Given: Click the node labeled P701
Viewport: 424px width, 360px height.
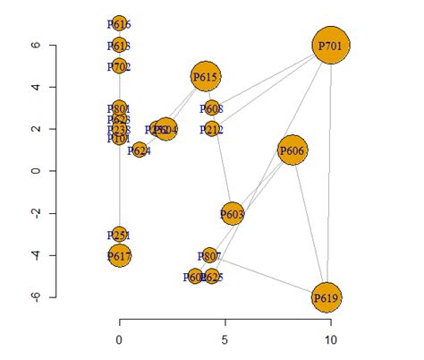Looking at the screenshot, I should click(331, 45).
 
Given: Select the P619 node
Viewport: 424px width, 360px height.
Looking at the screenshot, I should click(326, 297).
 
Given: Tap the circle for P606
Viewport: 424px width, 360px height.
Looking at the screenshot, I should click(293, 150).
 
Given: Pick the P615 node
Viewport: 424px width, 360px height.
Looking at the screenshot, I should click(205, 77).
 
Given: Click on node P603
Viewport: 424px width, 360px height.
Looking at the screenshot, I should click(232, 214).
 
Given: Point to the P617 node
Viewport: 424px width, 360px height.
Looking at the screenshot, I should click(119, 256).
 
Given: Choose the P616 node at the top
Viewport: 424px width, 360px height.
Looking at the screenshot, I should click(119, 24).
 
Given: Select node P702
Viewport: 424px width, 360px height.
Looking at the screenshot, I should click(119, 66).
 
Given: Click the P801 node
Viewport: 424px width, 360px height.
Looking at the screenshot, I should click(119, 108).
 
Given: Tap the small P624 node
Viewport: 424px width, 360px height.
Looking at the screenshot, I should click(140, 150).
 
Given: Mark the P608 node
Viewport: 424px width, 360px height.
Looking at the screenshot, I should click(211, 108).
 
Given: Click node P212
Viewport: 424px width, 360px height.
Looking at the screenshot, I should click(211, 130).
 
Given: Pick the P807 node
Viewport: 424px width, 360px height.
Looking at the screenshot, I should click(210, 256).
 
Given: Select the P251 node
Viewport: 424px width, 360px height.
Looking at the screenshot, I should click(119, 235).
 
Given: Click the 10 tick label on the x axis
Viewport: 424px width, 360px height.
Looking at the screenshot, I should click(331, 340).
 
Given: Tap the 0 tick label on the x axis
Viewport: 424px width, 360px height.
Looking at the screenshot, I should click(120, 340).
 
